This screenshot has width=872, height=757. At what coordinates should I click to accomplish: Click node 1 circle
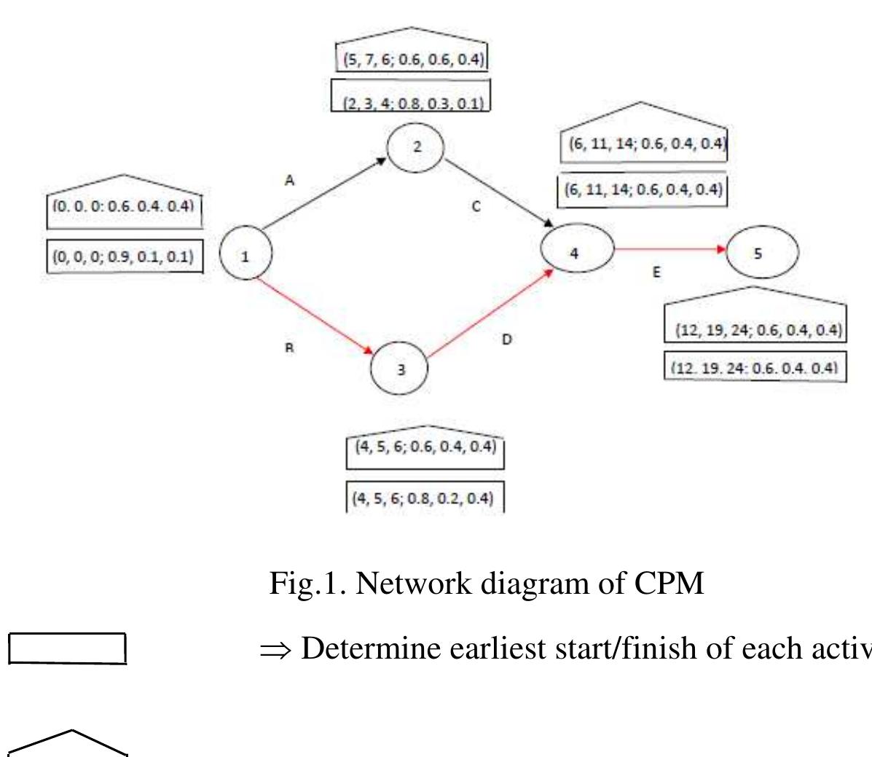tap(246, 255)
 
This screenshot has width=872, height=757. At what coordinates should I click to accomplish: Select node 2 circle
tap(416, 146)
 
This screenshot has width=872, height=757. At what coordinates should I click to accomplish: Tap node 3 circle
tap(400, 369)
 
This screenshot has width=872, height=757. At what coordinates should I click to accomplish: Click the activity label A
tap(289, 181)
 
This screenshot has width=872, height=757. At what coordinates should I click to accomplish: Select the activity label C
tap(476, 206)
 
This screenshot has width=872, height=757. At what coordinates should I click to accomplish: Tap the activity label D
tap(506, 340)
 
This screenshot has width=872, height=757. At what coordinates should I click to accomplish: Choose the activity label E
tap(656, 272)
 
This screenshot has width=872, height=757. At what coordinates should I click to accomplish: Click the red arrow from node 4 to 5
tap(670, 249)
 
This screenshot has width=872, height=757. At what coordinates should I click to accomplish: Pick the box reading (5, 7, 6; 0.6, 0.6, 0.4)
tap(412, 59)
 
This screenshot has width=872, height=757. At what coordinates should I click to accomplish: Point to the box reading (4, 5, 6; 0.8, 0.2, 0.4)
tap(424, 498)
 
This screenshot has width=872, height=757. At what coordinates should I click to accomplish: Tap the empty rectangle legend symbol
tap(68, 648)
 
